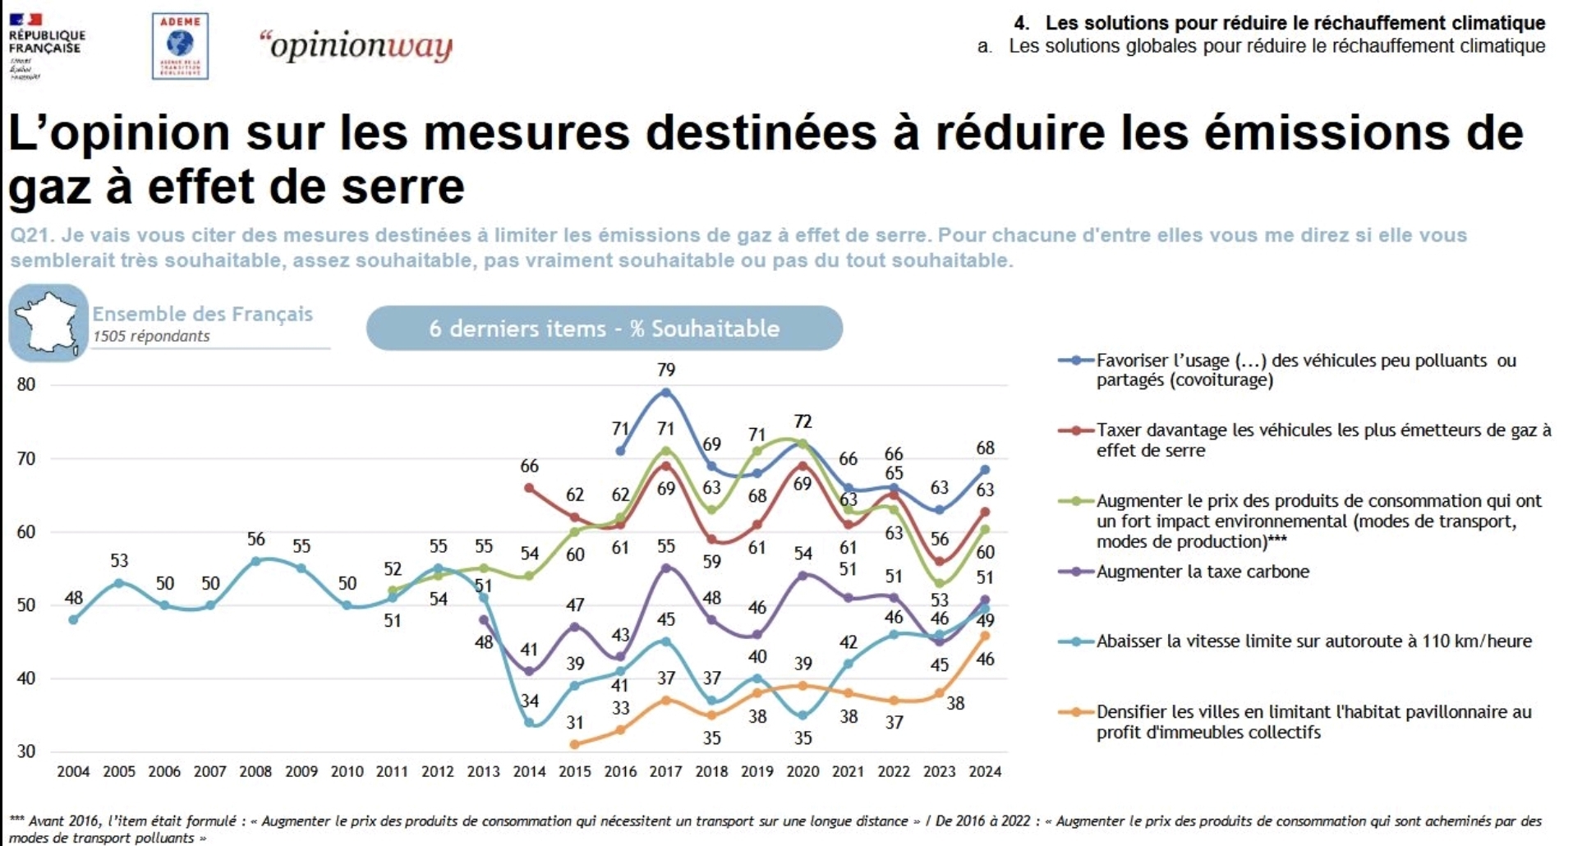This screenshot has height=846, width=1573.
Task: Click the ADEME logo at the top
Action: click(x=180, y=46)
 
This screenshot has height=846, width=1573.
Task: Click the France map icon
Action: click(x=48, y=323)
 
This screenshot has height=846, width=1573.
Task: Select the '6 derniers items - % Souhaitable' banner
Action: click(x=604, y=329)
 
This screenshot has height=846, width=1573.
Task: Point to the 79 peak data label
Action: click(x=666, y=370)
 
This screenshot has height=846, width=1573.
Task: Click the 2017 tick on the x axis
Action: click(x=665, y=772)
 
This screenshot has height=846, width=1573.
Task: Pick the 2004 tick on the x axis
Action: click(x=73, y=772)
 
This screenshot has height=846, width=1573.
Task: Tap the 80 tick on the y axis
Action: click(x=26, y=384)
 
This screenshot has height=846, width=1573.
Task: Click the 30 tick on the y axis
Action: click(x=26, y=752)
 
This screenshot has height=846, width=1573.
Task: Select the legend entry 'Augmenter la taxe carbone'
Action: click(x=1203, y=572)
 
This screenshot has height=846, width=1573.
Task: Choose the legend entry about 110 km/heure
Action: click(x=1313, y=641)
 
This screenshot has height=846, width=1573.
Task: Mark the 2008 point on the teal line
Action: click(x=255, y=561)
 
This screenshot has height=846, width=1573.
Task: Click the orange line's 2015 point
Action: click(x=574, y=744)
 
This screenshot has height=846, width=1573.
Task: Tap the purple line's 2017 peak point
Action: click(x=666, y=568)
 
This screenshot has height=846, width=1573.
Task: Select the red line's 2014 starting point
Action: click(x=529, y=487)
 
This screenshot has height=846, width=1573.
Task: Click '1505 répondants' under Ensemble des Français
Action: click(x=151, y=336)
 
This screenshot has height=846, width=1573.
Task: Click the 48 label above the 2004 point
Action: click(x=73, y=598)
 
